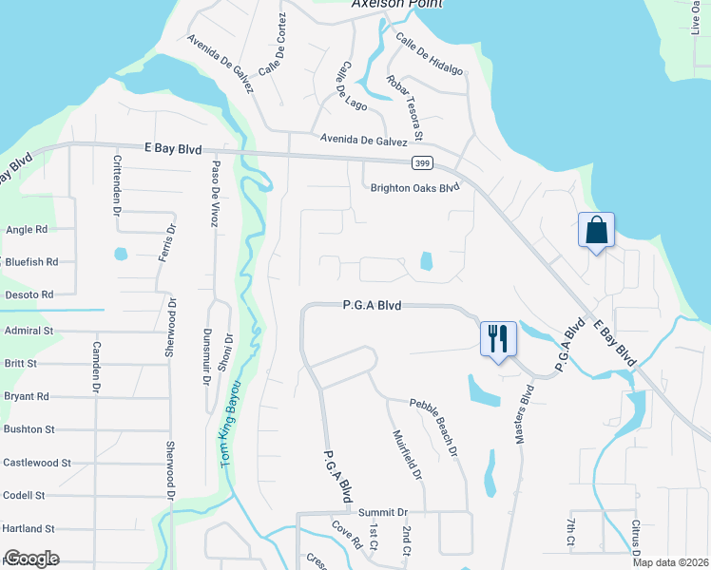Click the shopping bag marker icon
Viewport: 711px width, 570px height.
click(596, 231)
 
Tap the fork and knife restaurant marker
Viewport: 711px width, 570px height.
click(498, 338)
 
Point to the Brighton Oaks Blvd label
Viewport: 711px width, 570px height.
click(414, 188)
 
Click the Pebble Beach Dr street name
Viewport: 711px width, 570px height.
click(434, 427)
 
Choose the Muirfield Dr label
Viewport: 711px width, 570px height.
click(405, 455)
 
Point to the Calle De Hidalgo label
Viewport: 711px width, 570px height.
click(430, 55)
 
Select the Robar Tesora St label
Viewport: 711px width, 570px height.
click(404, 105)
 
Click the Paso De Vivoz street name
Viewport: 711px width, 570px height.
click(216, 191)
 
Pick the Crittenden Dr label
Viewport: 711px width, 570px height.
click(117, 184)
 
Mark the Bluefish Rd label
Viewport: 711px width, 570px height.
click(30, 261)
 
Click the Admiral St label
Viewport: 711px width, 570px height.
click(28, 330)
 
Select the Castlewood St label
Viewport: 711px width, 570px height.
click(37, 463)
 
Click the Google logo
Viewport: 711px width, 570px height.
click(31, 559)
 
